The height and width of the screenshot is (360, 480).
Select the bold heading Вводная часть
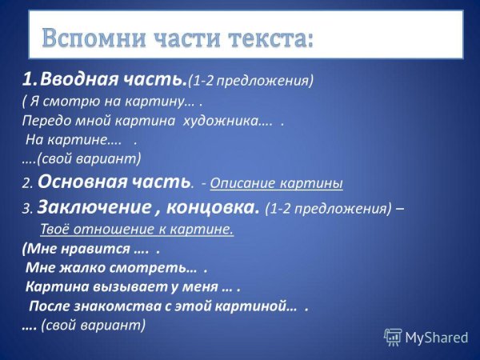[x=113, y=80]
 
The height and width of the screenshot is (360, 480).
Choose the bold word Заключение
[x=88, y=209]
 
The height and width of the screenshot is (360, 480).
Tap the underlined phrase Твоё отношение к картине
[x=136, y=230]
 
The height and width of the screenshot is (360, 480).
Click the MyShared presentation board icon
[x=393, y=337]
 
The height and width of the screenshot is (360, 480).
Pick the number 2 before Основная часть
[x=26, y=183]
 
